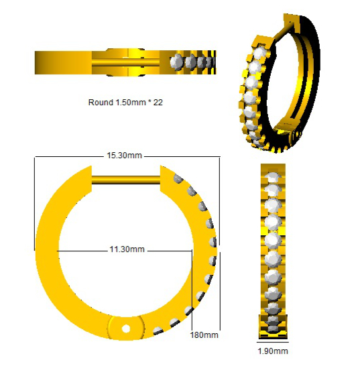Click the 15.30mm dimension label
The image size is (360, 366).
point(124,156)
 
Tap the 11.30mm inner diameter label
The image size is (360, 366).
point(127,249)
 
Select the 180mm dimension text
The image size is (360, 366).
point(204,335)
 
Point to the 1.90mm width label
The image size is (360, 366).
point(273,351)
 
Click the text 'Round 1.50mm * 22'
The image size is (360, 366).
point(125,103)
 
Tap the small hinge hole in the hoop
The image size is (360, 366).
point(126,328)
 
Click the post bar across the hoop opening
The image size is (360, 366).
point(126,180)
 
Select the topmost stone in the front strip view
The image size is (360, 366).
point(274,177)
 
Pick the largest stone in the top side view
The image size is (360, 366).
point(176,62)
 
